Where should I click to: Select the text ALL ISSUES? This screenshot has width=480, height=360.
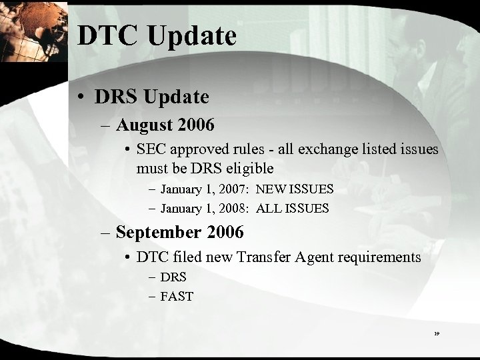tap(292, 208)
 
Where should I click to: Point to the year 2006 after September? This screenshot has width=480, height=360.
tap(225, 233)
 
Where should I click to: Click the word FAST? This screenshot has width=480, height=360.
tap(177, 295)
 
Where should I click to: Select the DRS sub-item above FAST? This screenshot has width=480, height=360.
tap(173, 277)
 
